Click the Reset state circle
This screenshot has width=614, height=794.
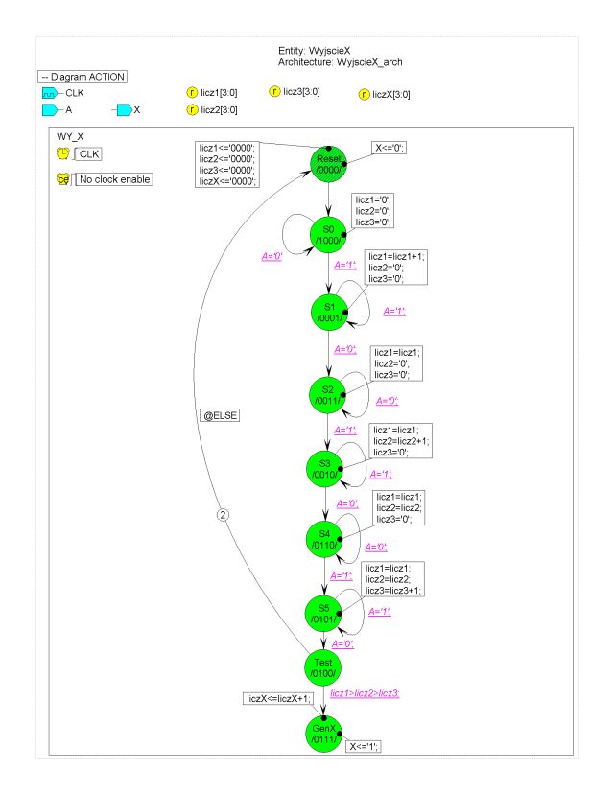pos(328,164)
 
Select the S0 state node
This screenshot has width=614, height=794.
pos(328,234)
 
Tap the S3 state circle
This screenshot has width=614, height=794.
pos(324,469)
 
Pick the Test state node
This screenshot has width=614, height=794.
pos(323,668)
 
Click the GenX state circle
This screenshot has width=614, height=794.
pos(323,734)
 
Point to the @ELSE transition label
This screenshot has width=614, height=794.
pos(220,416)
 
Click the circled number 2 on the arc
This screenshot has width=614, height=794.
pos(223,515)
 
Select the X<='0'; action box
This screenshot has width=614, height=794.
pos(389,148)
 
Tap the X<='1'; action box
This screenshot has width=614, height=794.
pos(364,746)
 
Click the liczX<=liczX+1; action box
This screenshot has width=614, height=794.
pos(278,699)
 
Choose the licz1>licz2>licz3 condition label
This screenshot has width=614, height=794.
pos(365,693)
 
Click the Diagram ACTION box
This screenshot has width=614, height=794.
pos(83,77)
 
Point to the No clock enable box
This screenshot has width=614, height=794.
pos(114,179)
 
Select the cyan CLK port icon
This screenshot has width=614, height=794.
pos(50,93)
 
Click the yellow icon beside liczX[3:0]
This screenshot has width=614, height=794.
pos(364,94)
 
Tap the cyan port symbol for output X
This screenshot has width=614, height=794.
pos(124,110)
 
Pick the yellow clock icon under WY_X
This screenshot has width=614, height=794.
pos(62,153)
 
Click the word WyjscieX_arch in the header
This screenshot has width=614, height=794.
pos(369,62)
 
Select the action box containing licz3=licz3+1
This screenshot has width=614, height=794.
pos(392,579)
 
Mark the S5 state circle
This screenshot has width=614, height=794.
pos(323,614)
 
